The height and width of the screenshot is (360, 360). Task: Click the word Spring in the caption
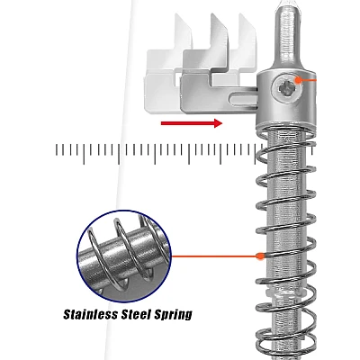click(x=173, y=315)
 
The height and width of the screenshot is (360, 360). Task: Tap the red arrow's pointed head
click(x=219, y=123)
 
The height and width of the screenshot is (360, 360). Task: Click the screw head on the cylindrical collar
click(x=286, y=88)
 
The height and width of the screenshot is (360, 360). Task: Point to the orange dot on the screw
click(x=298, y=80)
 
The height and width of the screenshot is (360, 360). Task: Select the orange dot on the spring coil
click(x=260, y=256)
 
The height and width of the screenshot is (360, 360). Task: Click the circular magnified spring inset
click(x=124, y=256)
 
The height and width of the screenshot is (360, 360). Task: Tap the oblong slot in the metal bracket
click(x=243, y=99)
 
